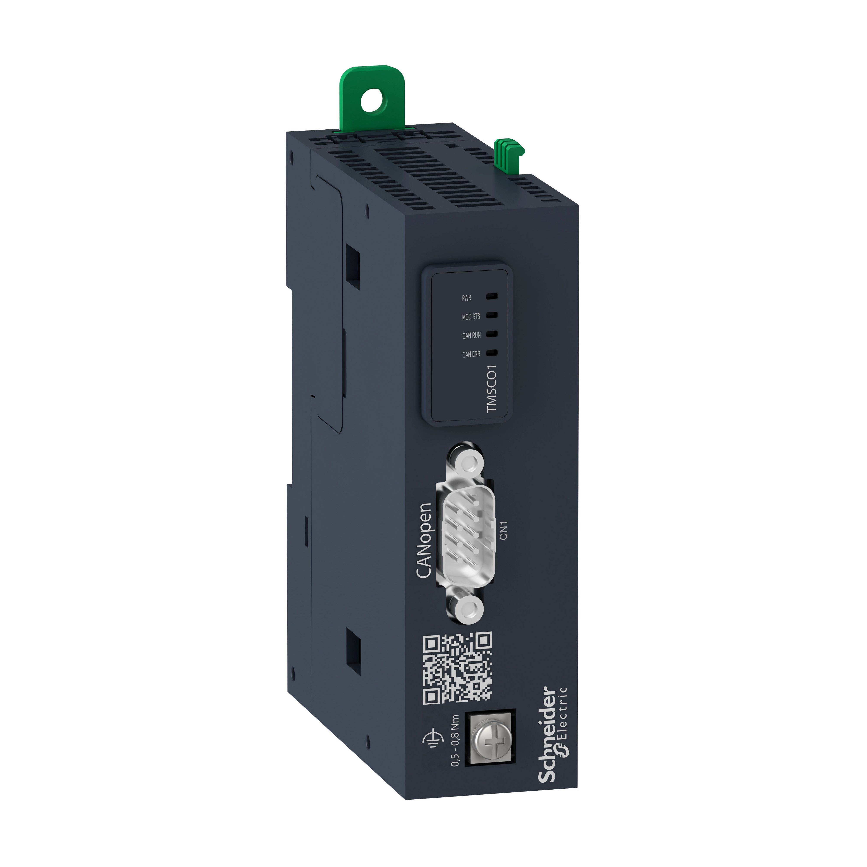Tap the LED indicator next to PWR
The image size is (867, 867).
492,296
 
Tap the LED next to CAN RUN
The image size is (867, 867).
492,334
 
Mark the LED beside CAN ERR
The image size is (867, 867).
492,353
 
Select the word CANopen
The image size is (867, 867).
423,541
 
